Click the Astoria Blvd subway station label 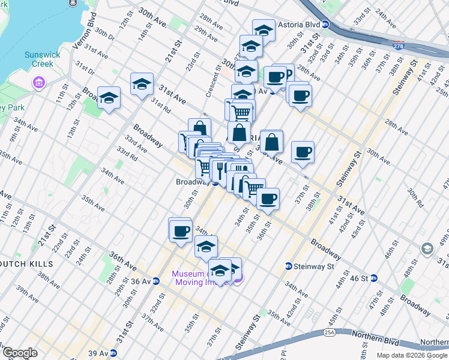[298, 25]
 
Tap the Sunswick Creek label [43, 59]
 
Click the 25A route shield [329, 331]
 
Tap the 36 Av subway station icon [156, 280]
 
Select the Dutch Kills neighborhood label [27, 264]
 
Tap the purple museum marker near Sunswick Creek [39, 82]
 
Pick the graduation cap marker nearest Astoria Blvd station [263, 29]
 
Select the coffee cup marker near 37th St [303, 151]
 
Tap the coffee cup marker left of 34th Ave [180, 230]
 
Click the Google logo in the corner [20, 353]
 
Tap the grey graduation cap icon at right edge [427, 248]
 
